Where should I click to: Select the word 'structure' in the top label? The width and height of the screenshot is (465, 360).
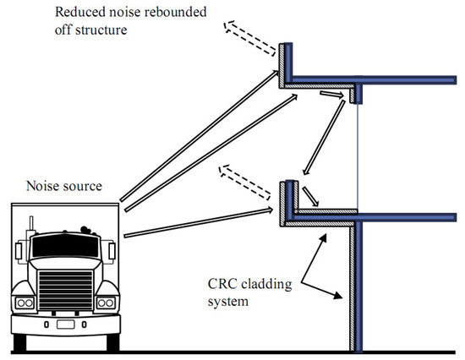tap(101, 30)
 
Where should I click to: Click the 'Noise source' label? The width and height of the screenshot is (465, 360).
tap(64, 186)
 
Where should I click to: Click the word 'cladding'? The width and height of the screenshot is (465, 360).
tap(266, 285)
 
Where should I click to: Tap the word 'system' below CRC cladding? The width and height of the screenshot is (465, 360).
tap(227, 302)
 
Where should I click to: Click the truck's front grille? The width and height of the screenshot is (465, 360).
tap(66, 290)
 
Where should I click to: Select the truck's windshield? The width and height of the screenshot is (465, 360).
tap(65, 246)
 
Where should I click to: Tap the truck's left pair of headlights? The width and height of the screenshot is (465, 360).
tap(25, 303)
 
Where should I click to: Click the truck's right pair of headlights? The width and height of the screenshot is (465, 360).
tap(106, 303)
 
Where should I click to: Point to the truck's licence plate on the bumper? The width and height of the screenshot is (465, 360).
tap(66, 325)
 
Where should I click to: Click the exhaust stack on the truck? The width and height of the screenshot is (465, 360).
tap(31, 223)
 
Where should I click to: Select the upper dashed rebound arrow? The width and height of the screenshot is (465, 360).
tap(249, 38)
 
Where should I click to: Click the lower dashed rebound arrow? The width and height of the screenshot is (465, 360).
tap(244, 182)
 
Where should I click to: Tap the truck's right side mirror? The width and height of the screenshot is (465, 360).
tap(112, 251)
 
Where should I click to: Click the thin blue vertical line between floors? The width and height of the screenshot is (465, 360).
tap(358, 156)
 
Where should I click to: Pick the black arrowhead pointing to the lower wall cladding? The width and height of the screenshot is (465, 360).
tap(338, 295)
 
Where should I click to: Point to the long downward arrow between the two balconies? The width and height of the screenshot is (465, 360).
tap(324, 137)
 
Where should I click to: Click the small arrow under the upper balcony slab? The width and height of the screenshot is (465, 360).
tap(331, 95)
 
